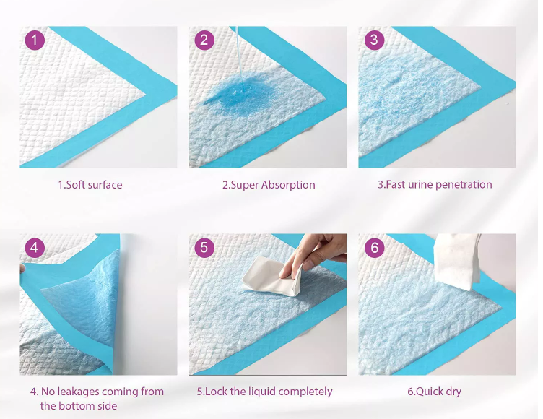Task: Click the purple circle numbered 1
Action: (35, 40)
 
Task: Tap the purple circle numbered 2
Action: (204, 40)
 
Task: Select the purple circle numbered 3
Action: (374, 40)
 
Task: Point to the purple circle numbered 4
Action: (35, 248)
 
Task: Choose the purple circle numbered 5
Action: (204, 248)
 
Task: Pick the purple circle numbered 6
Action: (374, 248)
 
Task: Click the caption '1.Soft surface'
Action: (90, 185)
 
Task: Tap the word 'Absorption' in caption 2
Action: (288, 185)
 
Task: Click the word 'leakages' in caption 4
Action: (78, 392)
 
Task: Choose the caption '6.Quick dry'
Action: (434, 392)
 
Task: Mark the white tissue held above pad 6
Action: (457, 261)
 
